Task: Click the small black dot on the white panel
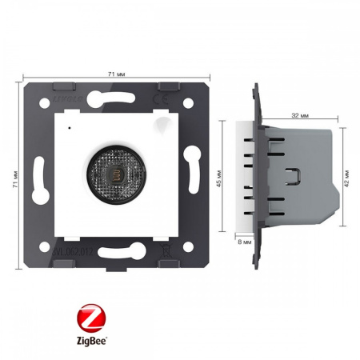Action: pyautogui.click(x=70, y=127)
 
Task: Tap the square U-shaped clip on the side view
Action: pyautogui.click(x=295, y=174)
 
